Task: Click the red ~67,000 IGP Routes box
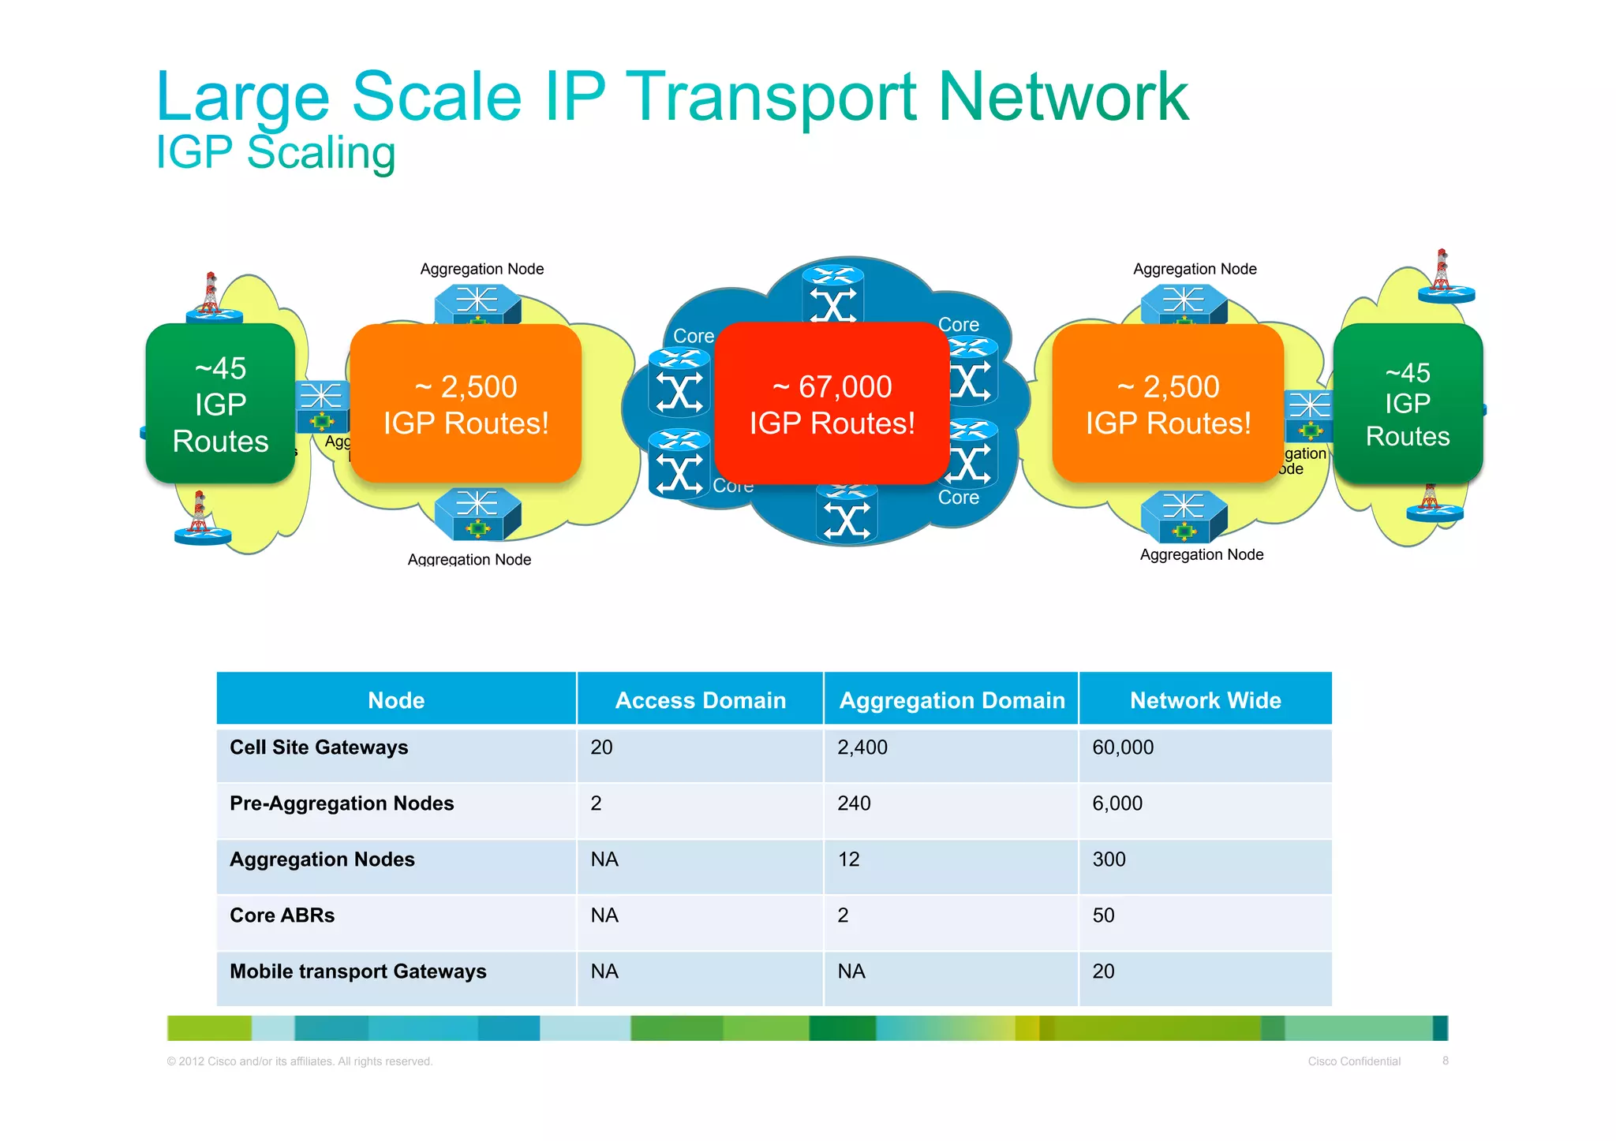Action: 832,404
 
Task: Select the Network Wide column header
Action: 1205,700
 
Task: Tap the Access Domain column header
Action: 700,700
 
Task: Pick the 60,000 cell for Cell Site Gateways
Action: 1123,748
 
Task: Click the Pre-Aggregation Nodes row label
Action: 342,804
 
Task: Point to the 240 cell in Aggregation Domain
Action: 854,804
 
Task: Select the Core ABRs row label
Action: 282,915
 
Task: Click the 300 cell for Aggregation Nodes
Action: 1109,859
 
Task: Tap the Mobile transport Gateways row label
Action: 357,971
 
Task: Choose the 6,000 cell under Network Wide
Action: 1117,804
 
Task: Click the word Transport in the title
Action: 772,97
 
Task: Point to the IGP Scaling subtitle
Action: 275,152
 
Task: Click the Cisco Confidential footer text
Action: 1354,1061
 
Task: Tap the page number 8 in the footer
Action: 1446,1061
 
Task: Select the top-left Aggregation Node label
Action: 481,269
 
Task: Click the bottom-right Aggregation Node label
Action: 1201,555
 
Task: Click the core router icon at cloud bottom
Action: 847,516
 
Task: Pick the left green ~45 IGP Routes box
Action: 220,404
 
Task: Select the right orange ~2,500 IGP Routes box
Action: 1168,404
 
